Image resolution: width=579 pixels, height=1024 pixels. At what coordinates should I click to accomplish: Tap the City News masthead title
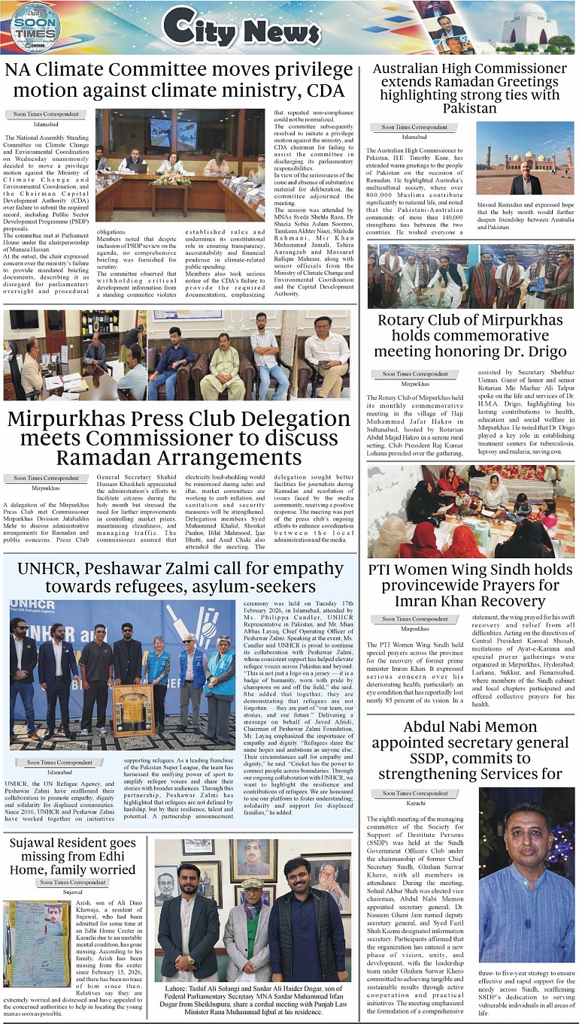241,29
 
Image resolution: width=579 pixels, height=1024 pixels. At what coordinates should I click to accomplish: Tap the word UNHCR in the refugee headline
48,569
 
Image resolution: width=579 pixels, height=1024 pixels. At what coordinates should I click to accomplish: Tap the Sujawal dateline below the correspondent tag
73,892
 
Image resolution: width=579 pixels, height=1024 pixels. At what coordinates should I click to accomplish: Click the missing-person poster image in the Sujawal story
37,944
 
